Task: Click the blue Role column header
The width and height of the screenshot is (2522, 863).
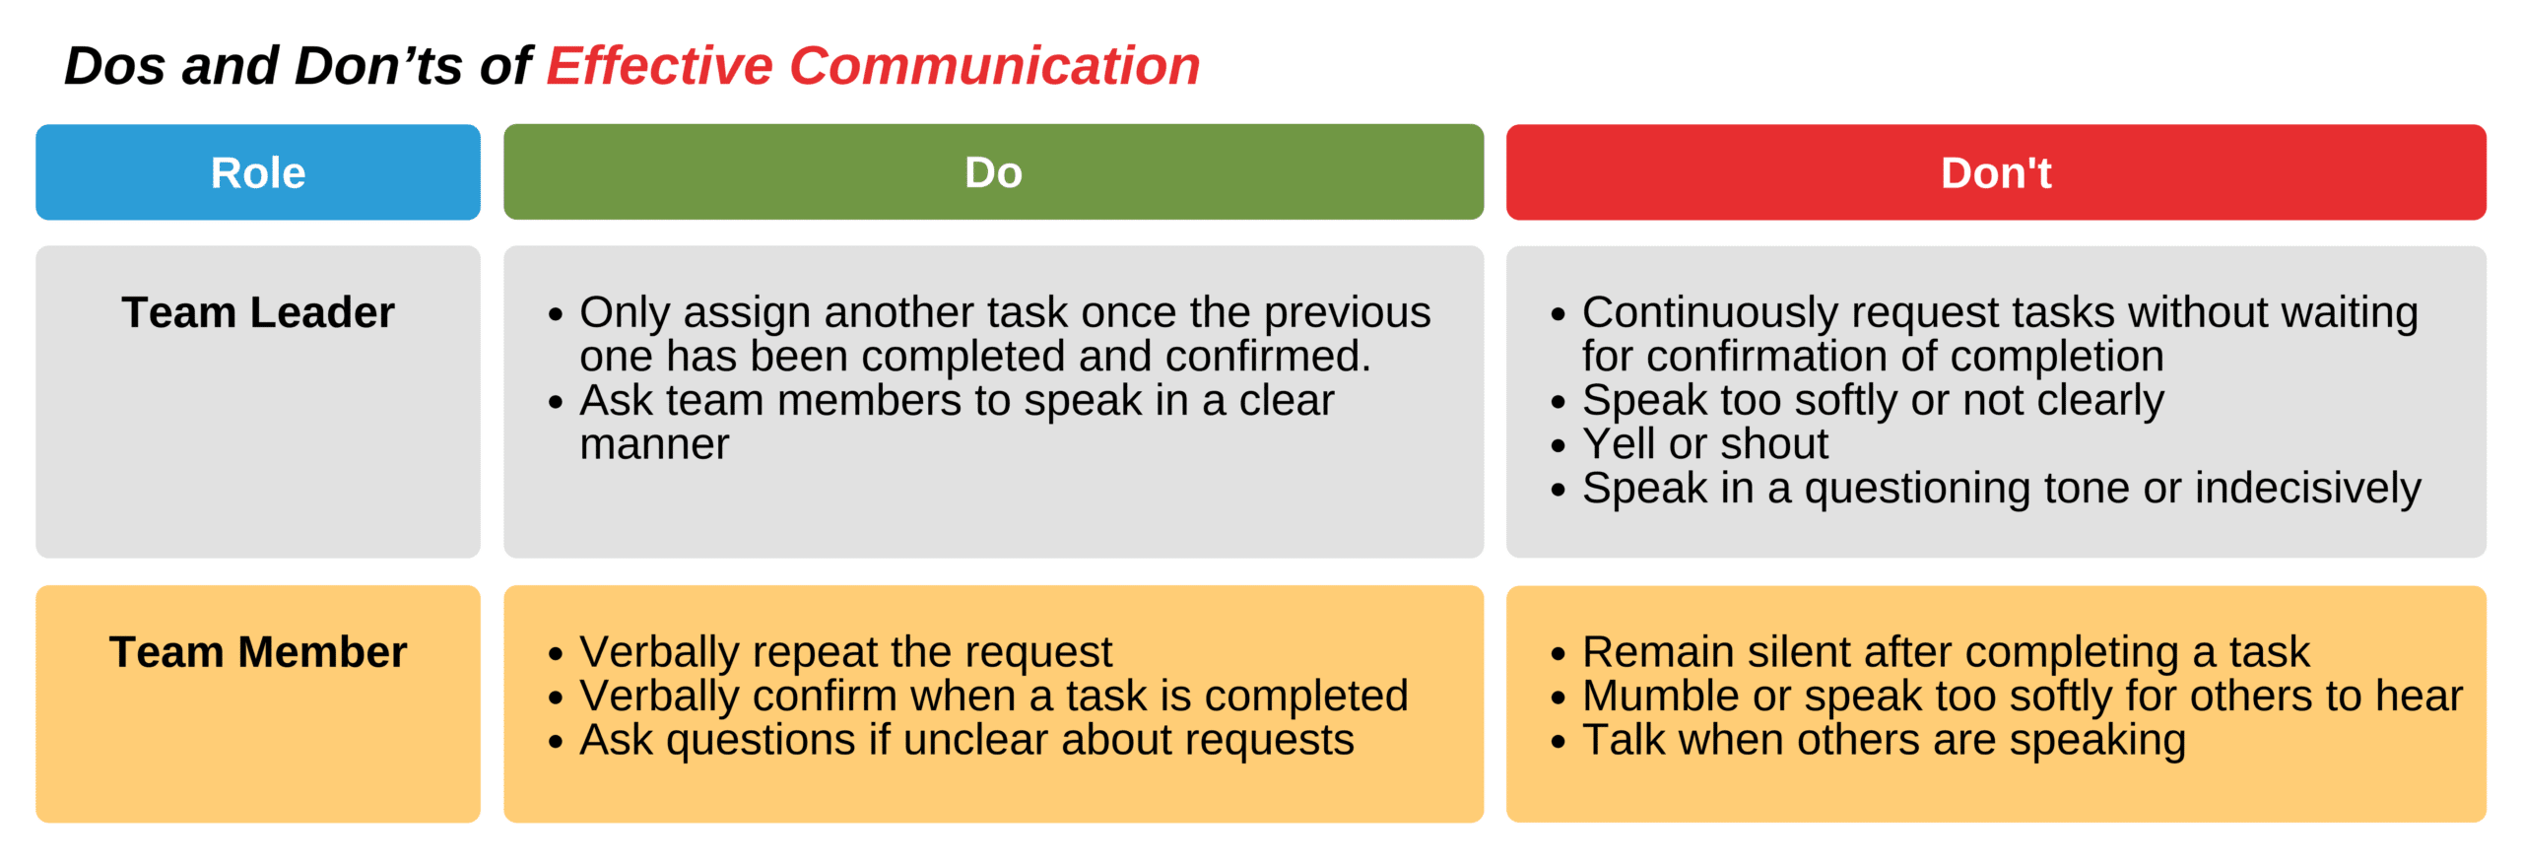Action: [x=258, y=172]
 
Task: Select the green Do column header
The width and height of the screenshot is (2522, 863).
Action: [x=993, y=172]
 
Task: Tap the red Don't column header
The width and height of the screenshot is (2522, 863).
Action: [x=1996, y=172]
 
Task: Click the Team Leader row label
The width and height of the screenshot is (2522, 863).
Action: [x=258, y=312]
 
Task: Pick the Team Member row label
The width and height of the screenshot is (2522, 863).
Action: [x=258, y=652]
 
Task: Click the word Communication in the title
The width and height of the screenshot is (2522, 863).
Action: [x=995, y=66]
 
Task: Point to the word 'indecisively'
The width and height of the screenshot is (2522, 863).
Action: [x=2307, y=489]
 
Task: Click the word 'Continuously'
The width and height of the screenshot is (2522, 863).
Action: [x=1710, y=313]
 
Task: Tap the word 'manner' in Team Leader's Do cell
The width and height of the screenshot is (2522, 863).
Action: [x=654, y=445]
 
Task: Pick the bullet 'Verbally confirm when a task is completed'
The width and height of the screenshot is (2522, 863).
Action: [x=978, y=697]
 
